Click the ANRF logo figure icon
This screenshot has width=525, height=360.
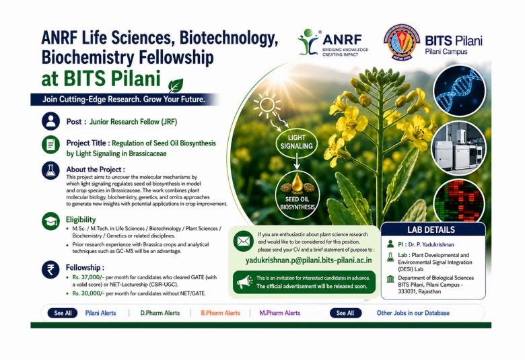pos(309,41)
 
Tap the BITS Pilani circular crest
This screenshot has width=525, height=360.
pos(402,42)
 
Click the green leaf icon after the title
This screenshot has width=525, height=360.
pos(175,85)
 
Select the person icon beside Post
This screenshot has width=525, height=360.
pos(50,120)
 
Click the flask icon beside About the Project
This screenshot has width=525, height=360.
pos(50,170)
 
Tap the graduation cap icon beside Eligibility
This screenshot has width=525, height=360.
pos(50,220)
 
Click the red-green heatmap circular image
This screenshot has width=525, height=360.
pos(459,200)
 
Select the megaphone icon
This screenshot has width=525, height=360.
pos(244,281)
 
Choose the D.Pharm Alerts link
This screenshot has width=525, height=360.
pos(160,313)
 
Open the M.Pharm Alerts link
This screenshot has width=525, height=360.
pos(280,313)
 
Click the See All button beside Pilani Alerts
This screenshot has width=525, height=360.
pos(63,313)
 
